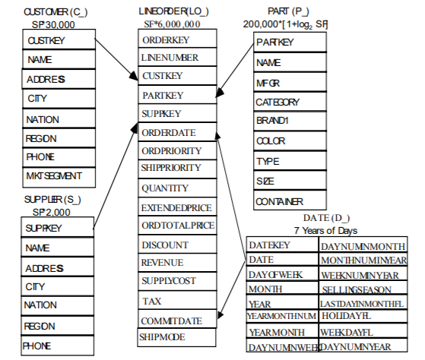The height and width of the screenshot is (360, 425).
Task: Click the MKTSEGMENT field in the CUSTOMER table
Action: click(x=59, y=177)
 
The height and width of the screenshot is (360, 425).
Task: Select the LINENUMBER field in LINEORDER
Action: click(x=177, y=57)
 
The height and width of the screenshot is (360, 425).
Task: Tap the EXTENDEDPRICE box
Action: click(x=177, y=207)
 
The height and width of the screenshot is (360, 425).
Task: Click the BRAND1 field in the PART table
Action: click(x=290, y=121)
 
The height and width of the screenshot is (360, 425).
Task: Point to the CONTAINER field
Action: click(x=290, y=201)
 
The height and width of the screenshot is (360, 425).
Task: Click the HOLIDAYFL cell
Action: click(x=363, y=316)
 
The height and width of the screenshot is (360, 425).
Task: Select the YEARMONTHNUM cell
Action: click(x=282, y=316)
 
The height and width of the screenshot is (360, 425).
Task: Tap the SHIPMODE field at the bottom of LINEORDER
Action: click(x=176, y=337)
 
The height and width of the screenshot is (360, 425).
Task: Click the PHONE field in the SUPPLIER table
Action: click(x=58, y=346)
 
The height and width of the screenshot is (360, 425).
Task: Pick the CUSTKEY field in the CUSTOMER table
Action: click(x=59, y=39)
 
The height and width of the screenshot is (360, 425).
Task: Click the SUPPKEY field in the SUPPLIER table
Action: click(x=58, y=227)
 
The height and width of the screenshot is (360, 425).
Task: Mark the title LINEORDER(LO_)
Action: click(x=174, y=11)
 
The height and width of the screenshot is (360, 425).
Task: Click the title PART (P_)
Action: click(x=288, y=11)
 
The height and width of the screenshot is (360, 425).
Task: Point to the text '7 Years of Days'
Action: click(x=326, y=231)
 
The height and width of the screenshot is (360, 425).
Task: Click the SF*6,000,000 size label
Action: click(x=172, y=24)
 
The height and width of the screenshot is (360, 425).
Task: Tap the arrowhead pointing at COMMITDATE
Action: click(x=220, y=314)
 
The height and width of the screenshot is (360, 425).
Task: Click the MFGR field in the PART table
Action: click(x=290, y=82)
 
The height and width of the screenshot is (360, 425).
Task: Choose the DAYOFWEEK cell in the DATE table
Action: click(x=282, y=274)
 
